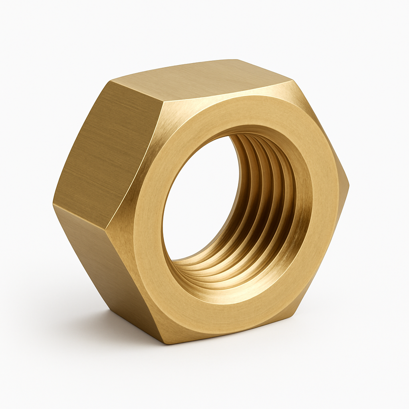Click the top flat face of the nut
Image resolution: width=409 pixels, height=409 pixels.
pyautogui.click(x=200, y=78)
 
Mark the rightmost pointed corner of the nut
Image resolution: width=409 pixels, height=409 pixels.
pyautogui.click(x=348, y=186)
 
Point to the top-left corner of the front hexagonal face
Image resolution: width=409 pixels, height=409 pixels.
pyautogui.click(x=164, y=100)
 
